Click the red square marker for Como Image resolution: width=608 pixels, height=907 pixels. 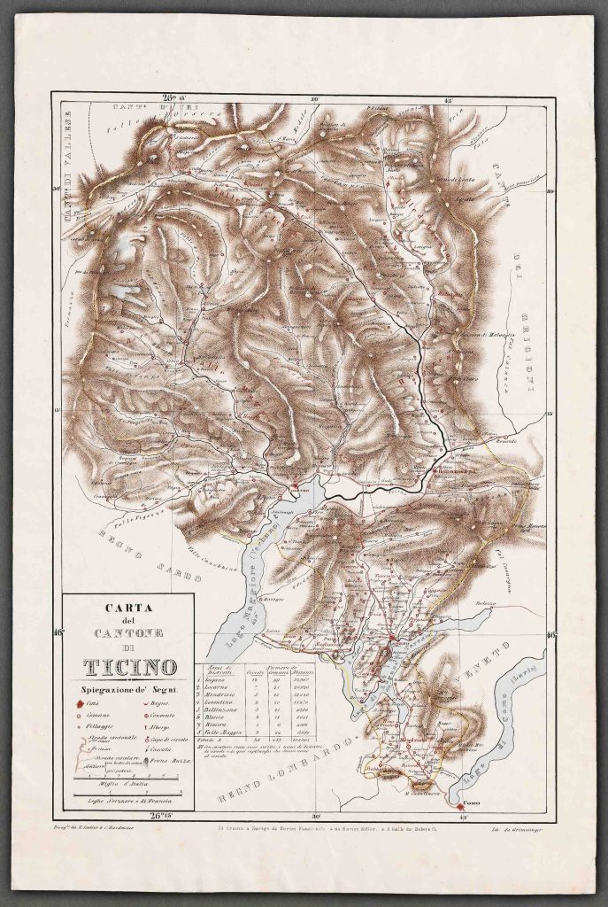click(460, 783)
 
